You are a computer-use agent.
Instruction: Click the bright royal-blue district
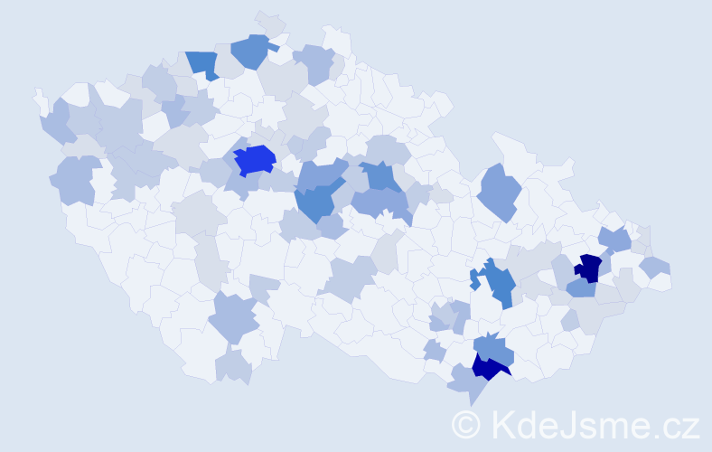(x=254, y=160)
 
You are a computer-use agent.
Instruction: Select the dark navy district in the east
(x=589, y=268)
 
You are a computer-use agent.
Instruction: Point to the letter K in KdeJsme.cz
(x=502, y=424)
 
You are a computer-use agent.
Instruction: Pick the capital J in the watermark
(x=567, y=424)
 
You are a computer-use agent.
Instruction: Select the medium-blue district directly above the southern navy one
(x=494, y=347)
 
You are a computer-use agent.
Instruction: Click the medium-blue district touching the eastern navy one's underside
(x=581, y=288)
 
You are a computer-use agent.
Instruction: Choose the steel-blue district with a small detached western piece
(x=498, y=284)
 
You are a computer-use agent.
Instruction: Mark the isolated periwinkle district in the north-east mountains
(x=501, y=192)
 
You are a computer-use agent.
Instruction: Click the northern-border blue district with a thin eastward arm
(x=251, y=51)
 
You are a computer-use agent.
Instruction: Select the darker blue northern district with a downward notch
(x=203, y=63)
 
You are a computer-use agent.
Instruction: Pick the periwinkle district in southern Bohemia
(x=233, y=317)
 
